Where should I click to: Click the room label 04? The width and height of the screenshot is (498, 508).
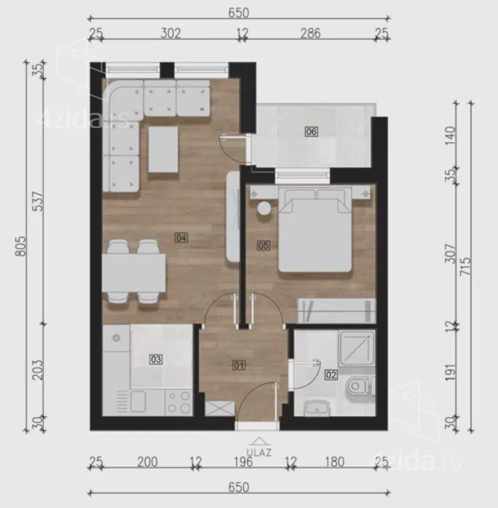181,238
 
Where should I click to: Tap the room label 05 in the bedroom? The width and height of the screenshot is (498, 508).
263,245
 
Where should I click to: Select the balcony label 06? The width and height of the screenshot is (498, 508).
312,132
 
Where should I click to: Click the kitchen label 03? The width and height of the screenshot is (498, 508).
156,359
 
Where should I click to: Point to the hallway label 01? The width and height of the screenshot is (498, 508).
239,366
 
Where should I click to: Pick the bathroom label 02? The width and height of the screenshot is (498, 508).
331,375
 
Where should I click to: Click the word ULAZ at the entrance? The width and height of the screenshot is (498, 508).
259,452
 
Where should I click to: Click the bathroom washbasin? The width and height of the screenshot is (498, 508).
317,408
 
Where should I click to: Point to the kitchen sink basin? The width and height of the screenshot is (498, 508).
138,401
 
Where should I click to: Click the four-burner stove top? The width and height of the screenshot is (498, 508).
179,402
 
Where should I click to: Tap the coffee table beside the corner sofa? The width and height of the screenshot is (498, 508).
163,150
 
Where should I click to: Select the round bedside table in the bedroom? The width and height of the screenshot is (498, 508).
264,208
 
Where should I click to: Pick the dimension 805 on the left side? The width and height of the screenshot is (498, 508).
20,246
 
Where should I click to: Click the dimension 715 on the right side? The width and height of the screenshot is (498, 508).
466,266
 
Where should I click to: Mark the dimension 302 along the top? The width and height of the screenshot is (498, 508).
171,33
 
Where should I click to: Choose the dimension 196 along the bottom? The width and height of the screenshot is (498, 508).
243,462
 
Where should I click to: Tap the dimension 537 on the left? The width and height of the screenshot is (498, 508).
38,202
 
